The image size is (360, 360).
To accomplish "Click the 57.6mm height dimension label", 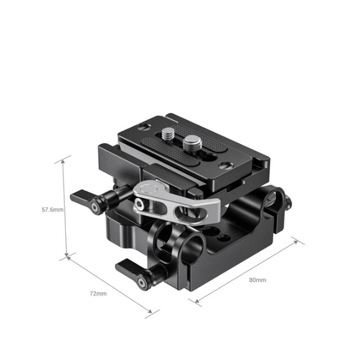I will tap(52, 209).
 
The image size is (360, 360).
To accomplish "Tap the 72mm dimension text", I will tap(97, 294).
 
